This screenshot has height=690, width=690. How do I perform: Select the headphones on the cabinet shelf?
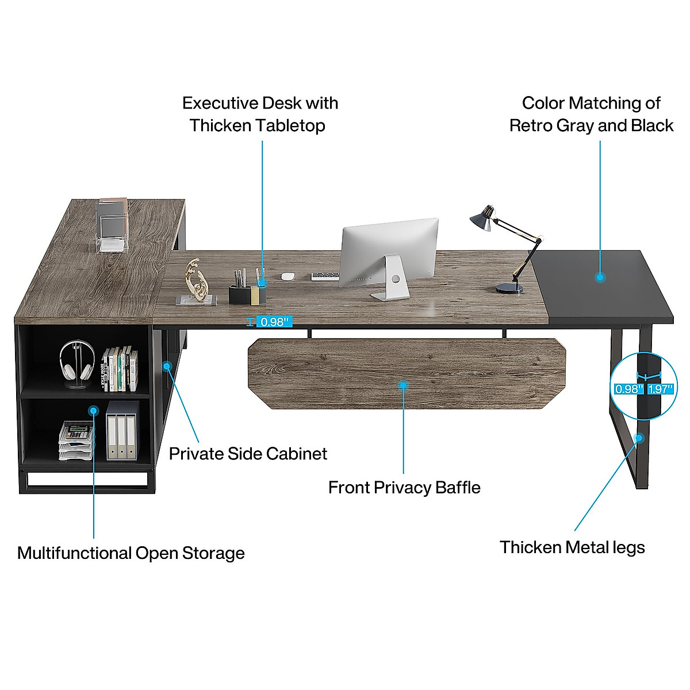(76, 362)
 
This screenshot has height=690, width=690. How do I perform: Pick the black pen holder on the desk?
(247, 294)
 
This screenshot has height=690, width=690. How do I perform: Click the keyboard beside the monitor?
(325, 277)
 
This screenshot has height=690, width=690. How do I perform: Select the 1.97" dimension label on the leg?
(660, 389)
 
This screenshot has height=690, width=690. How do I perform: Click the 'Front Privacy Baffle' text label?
(404, 488)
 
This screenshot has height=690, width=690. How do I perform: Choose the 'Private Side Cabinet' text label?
(248, 454)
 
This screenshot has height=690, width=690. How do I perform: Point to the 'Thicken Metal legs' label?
(572, 547)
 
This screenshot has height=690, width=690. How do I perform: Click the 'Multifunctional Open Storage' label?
(131, 553)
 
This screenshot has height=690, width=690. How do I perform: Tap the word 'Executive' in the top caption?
(220, 103)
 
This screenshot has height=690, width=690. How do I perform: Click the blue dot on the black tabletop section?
(600, 277)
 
